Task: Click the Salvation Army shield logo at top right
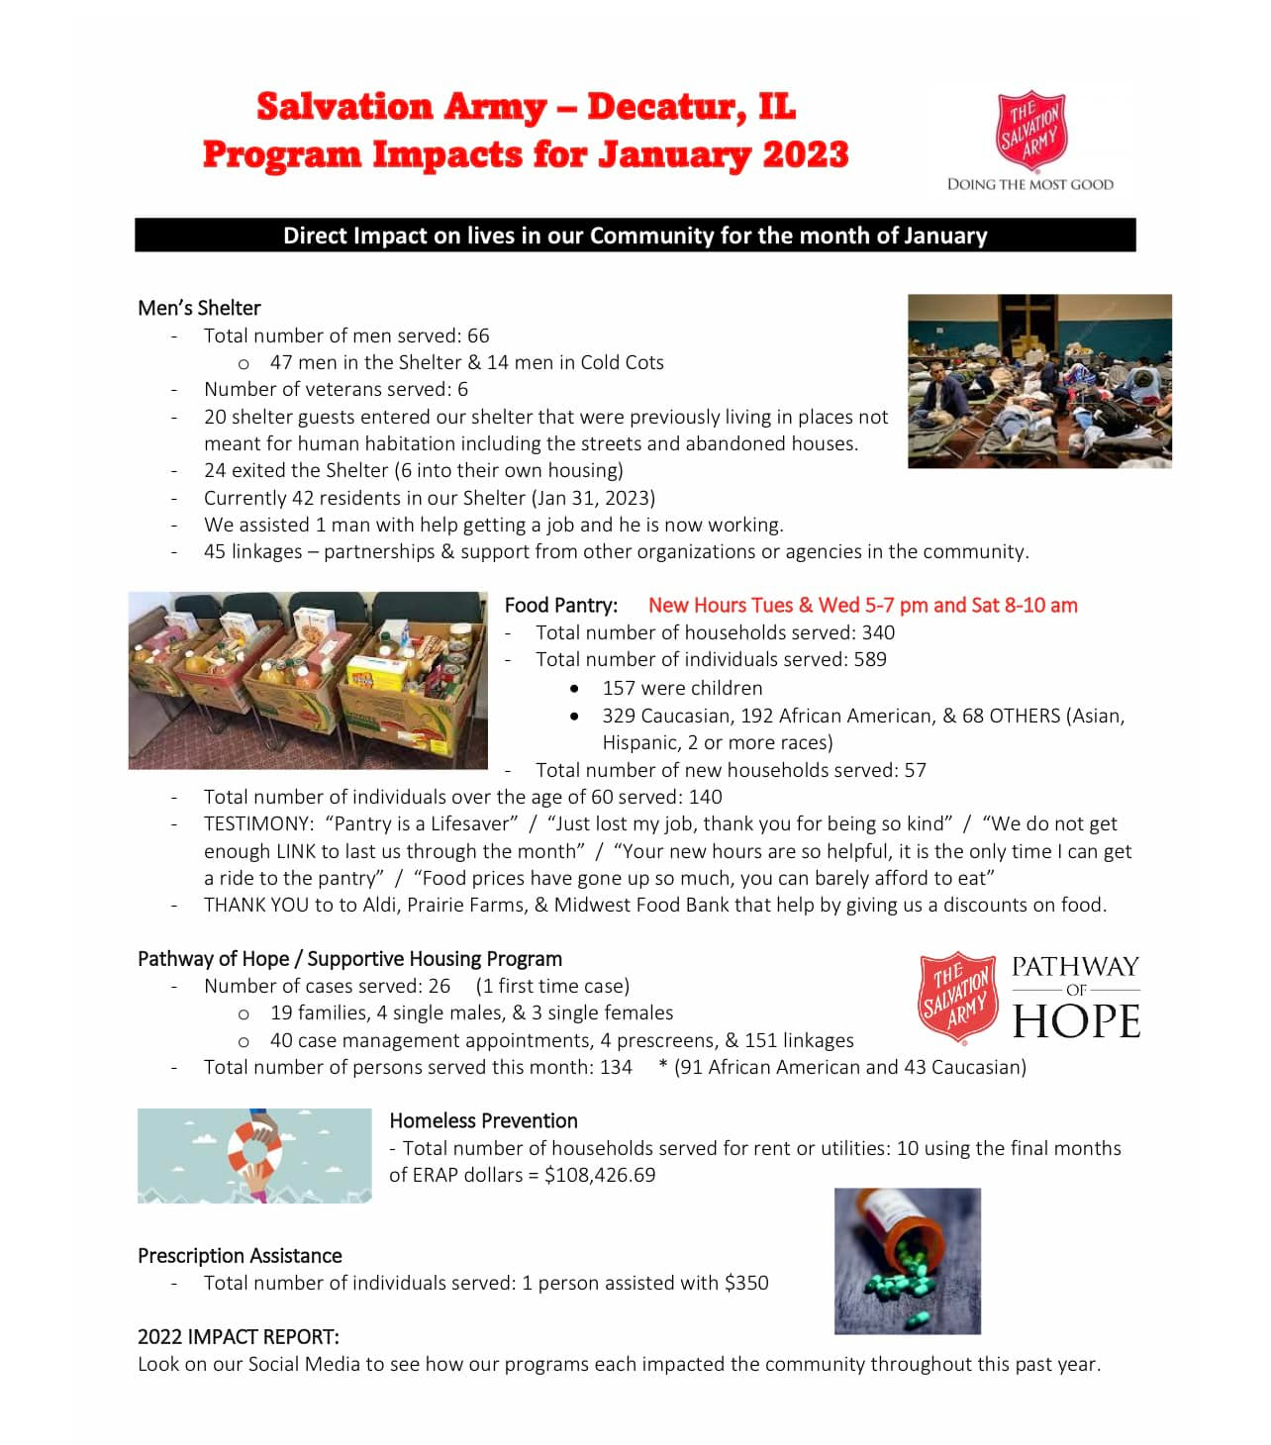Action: (1030, 130)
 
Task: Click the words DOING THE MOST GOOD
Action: (1029, 184)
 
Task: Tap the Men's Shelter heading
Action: (199, 308)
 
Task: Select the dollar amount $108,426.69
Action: (600, 1175)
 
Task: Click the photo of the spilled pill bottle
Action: (907, 1260)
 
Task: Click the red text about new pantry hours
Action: (862, 605)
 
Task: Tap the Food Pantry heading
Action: (560, 605)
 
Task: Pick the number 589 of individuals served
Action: (870, 659)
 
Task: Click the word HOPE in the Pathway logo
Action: (1076, 1021)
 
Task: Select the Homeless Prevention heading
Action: (483, 1120)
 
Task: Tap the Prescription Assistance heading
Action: (240, 1256)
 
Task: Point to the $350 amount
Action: (746, 1283)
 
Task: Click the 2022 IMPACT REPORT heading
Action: (238, 1337)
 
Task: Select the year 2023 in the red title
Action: (805, 154)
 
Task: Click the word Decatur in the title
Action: (666, 107)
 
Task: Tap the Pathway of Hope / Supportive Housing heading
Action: (349, 958)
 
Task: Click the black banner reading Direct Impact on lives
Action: (635, 236)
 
